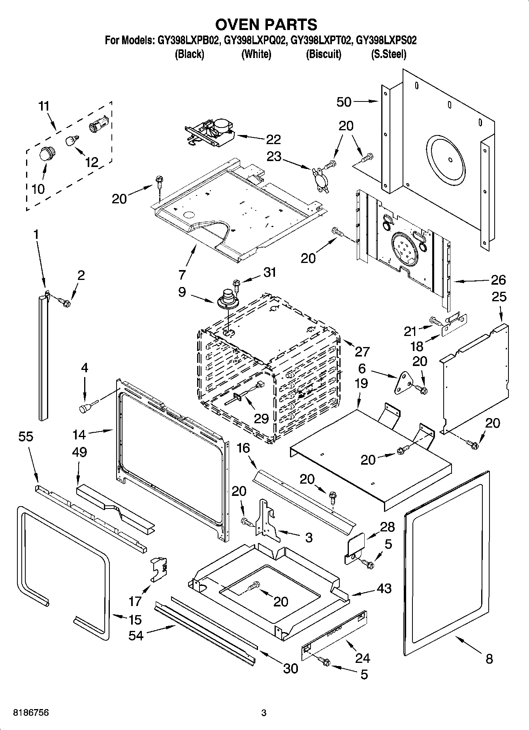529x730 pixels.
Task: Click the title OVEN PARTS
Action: click(x=266, y=24)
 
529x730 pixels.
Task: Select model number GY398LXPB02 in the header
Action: click(x=188, y=40)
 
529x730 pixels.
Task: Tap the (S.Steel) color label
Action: click(x=388, y=54)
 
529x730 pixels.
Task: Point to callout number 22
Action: click(x=273, y=139)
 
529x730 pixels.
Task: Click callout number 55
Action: click(x=26, y=437)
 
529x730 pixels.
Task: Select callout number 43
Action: click(x=384, y=588)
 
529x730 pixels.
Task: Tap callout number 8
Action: click(x=489, y=659)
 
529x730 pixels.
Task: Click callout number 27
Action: click(x=362, y=351)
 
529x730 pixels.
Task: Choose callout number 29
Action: click(x=261, y=418)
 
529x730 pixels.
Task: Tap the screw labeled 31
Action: click(x=237, y=283)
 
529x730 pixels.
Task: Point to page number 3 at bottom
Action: click(x=264, y=713)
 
